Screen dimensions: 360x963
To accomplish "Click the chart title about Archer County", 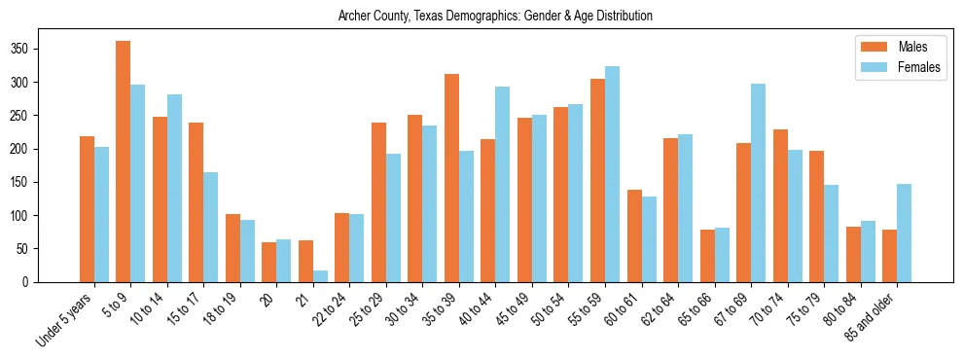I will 495,17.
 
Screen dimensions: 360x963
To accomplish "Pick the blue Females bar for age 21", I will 320,275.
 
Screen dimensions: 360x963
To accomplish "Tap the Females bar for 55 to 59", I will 612,174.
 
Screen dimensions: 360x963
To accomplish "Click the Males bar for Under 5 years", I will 87,209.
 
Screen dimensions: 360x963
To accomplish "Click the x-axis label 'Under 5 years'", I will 66,318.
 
